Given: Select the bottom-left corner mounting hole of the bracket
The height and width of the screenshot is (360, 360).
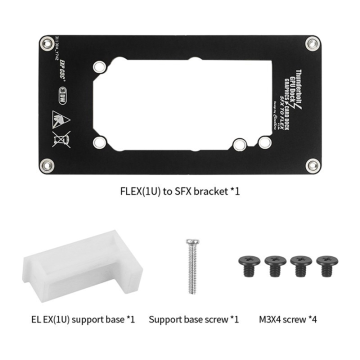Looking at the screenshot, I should [x=47, y=164].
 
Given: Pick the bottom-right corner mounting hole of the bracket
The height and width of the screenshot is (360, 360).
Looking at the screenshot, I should [x=312, y=164].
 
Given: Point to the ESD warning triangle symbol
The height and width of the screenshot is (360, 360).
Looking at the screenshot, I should [x=59, y=119].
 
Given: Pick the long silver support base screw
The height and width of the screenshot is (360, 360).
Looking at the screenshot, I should [x=192, y=268].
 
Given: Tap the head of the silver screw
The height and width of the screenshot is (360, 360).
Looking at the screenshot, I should [x=192, y=242].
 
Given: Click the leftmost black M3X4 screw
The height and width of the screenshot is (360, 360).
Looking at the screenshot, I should [x=247, y=265].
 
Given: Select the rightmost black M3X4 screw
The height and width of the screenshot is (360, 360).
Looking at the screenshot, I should [x=324, y=265].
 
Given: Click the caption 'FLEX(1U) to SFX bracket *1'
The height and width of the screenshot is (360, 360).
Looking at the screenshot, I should [x=180, y=192].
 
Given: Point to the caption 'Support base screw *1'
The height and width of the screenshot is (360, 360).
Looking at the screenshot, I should [x=193, y=318].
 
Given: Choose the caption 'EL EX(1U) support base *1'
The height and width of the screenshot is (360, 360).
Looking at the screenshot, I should [x=80, y=318].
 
